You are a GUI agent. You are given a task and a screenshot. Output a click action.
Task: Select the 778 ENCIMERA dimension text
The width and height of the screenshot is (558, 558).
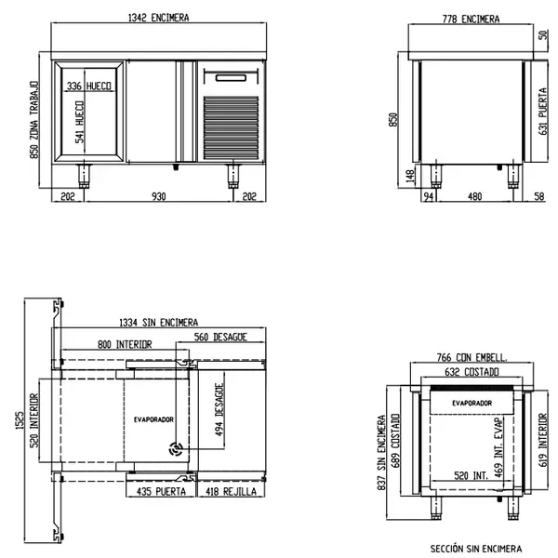pyautogui.click(x=471, y=19)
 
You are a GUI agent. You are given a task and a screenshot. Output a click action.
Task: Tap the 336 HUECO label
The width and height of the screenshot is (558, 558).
pyautogui.click(x=90, y=86)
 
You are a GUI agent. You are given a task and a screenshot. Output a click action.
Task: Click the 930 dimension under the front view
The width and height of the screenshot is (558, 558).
pyautogui.click(x=159, y=196)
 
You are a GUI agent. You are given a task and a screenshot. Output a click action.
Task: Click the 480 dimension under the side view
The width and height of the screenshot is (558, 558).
pyautogui.click(x=474, y=196)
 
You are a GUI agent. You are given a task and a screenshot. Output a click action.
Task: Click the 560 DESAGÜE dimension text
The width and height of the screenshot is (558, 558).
pyautogui.click(x=220, y=337)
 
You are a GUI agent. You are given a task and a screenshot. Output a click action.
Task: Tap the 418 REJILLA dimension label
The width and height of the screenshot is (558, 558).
pyautogui.click(x=229, y=490)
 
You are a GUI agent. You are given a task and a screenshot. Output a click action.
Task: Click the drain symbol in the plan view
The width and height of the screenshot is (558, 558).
pyautogui.click(x=174, y=449)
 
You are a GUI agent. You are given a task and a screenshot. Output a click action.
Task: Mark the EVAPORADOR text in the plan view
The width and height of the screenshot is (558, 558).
pyautogui.click(x=153, y=419)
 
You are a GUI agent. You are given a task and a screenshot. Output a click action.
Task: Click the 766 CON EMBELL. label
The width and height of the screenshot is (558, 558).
pyautogui.click(x=472, y=357)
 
